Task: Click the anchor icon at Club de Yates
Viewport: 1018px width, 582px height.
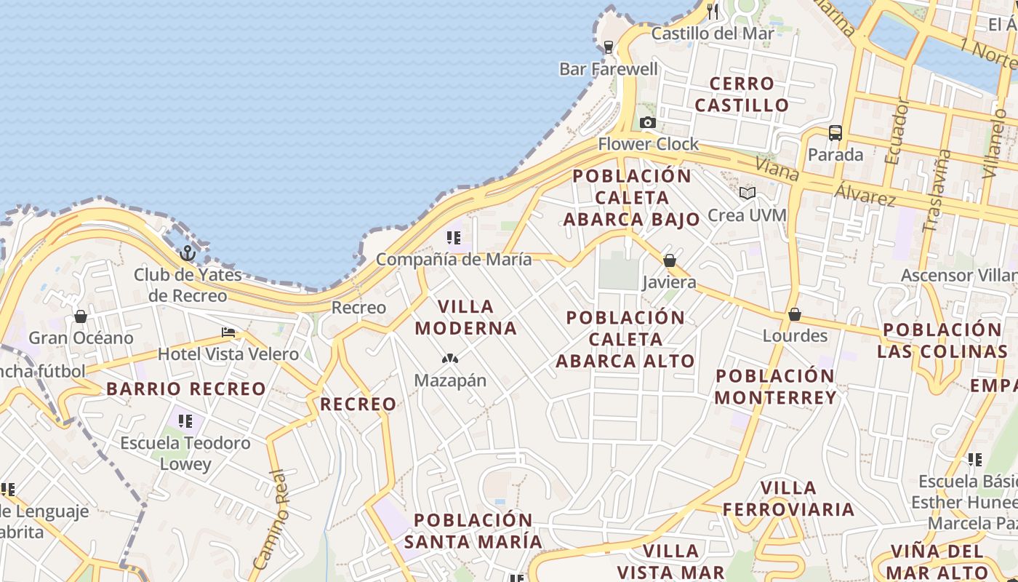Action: click(x=188, y=253)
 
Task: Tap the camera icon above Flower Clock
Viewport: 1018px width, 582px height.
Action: click(x=648, y=123)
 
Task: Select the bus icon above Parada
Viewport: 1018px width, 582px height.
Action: click(x=835, y=133)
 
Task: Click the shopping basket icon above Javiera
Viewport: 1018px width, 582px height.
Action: click(x=670, y=260)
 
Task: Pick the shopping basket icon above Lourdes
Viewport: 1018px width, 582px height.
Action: click(x=795, y=314)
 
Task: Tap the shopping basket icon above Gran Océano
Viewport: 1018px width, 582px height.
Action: click(x=81, y=316)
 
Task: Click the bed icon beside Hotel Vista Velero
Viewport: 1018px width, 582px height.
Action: click(x=228, y=333)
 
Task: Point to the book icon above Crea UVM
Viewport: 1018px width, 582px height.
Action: click(x=748, y=194)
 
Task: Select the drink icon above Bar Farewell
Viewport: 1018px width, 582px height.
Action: click(x=609, y=47)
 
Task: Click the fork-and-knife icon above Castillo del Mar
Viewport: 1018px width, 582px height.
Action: click(x=713, y=12)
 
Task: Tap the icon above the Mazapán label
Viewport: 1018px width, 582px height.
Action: click(x=450, y=359)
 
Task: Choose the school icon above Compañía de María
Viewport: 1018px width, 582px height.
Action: click(x=454, y=238)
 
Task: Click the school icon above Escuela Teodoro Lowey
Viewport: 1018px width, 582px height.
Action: click(x=186, y=421)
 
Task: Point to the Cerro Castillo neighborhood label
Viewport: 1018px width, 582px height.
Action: click(x=741, y=95)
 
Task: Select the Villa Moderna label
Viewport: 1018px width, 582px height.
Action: click(x=466, y=317)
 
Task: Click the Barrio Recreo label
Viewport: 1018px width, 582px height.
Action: click(x=186, y=388)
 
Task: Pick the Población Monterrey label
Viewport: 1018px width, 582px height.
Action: click(x=775, y=386)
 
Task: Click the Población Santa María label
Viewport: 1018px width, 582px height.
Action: click(x=473, y=531)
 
